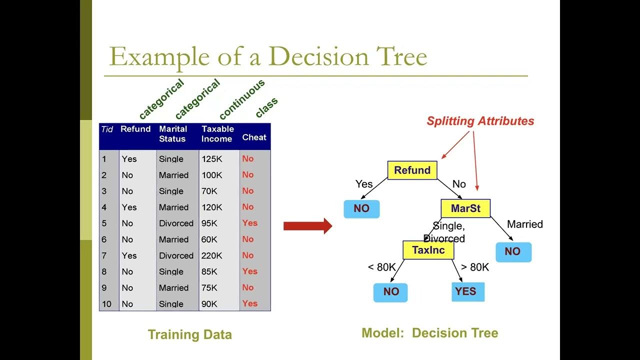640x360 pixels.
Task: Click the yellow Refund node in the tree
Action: coord(412,170)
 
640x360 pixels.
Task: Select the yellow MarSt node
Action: coord(465,208)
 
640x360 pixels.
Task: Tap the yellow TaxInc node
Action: coord(428,250)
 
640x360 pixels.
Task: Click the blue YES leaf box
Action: coord(467,291)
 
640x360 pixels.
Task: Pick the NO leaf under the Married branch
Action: coord(513,252)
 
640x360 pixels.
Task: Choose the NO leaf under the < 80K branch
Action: coord(390,292)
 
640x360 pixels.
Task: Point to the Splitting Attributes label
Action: coord(480,121)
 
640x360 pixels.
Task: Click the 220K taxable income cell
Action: coord(212,255)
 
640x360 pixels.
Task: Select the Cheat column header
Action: coord(254,137)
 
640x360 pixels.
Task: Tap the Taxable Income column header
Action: coord(217,134)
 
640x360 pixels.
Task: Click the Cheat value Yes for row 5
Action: coord(249,223)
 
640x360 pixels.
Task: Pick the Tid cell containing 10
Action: coord(106,304)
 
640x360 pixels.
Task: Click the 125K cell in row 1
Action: coord(212,159)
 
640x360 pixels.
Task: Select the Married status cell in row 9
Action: coord(173,288)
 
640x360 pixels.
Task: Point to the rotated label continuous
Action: coord(241,99)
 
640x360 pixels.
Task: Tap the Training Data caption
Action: coord(189,334)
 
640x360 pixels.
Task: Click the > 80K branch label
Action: coord(475,267)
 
